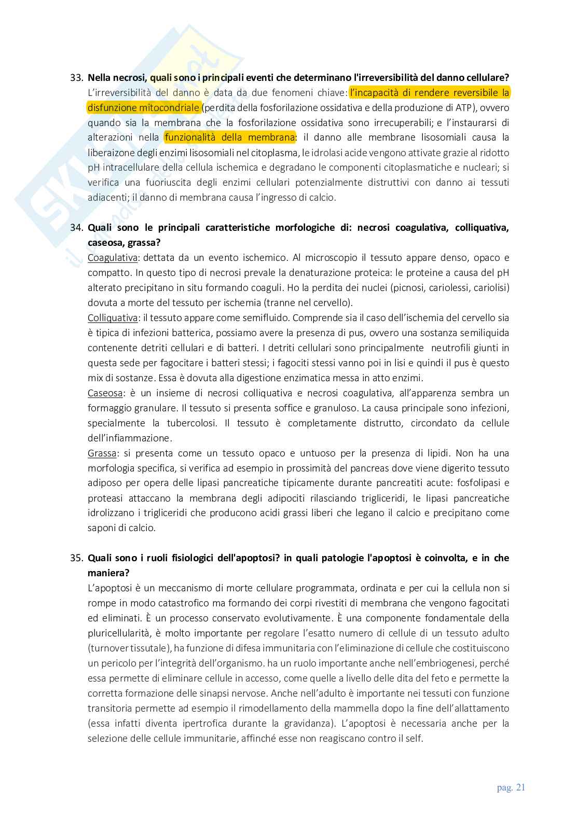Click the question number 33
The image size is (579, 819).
[x=76, y=78]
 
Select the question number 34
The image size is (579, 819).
[x=76, y=228]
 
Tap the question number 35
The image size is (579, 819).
[x=76, y=558]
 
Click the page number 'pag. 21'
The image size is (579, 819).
[x=511, y=787]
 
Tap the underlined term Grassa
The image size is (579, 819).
[x=102, y=453]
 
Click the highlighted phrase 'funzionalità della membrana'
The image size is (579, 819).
[x=229, y=137]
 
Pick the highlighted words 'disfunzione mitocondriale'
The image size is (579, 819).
[x=144, y=108]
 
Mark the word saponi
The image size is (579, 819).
[x=101, y=529]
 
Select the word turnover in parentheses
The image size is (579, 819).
[x=108, y=648]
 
